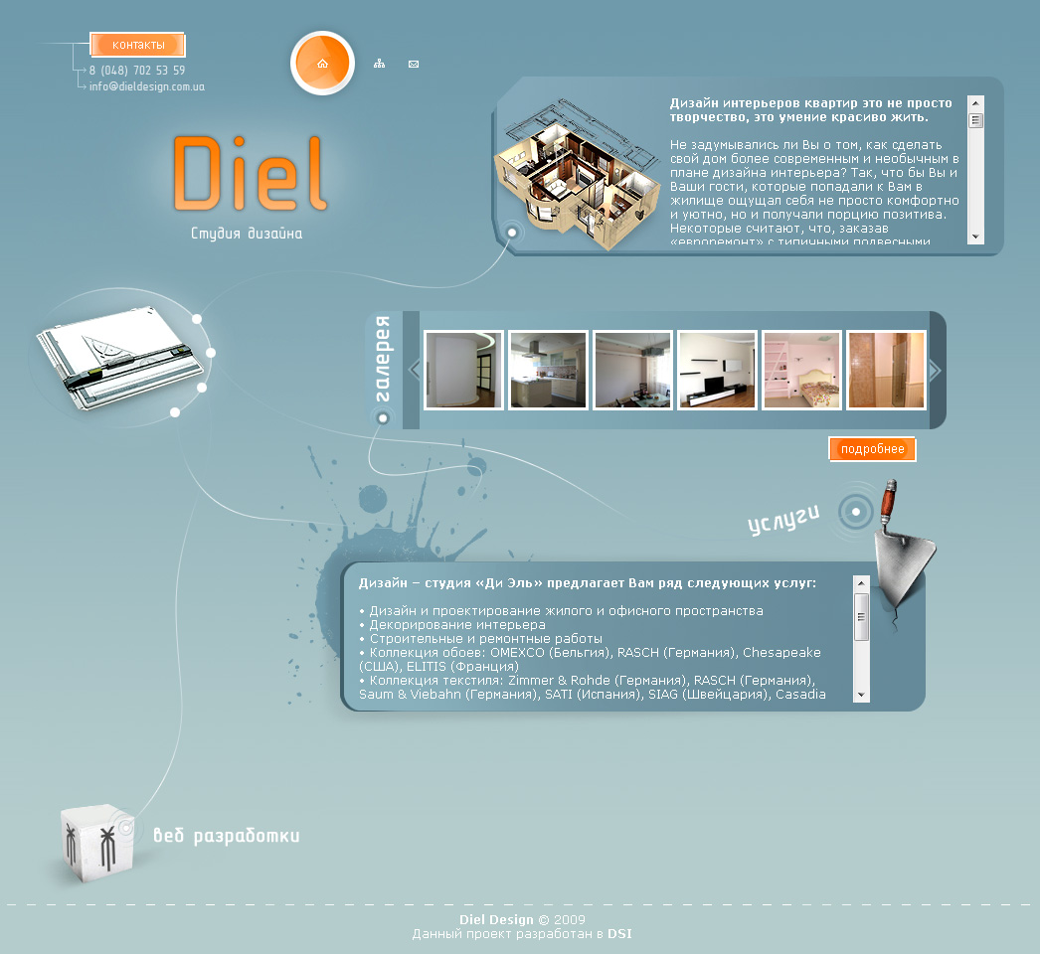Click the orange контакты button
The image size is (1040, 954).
[138, 45]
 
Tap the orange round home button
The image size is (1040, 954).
[322, 64]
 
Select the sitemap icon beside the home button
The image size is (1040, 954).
[379, 64]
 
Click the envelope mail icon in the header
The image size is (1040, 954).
[414, 65]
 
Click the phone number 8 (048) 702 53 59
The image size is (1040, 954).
[137, 71]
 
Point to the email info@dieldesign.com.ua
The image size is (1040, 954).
[147, 86]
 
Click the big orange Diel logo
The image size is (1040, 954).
[249, 174]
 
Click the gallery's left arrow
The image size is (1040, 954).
[415, 370]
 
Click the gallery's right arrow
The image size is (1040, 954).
[934, 370]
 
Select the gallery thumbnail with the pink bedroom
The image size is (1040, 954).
[801, 370]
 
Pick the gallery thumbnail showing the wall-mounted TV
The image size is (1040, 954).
[717, 370]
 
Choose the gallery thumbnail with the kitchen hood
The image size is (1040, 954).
[548, 370]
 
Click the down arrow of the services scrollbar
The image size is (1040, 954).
[862, 695]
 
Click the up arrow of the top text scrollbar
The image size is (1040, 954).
[975, 103]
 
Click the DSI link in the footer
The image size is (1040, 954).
[619, 934]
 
